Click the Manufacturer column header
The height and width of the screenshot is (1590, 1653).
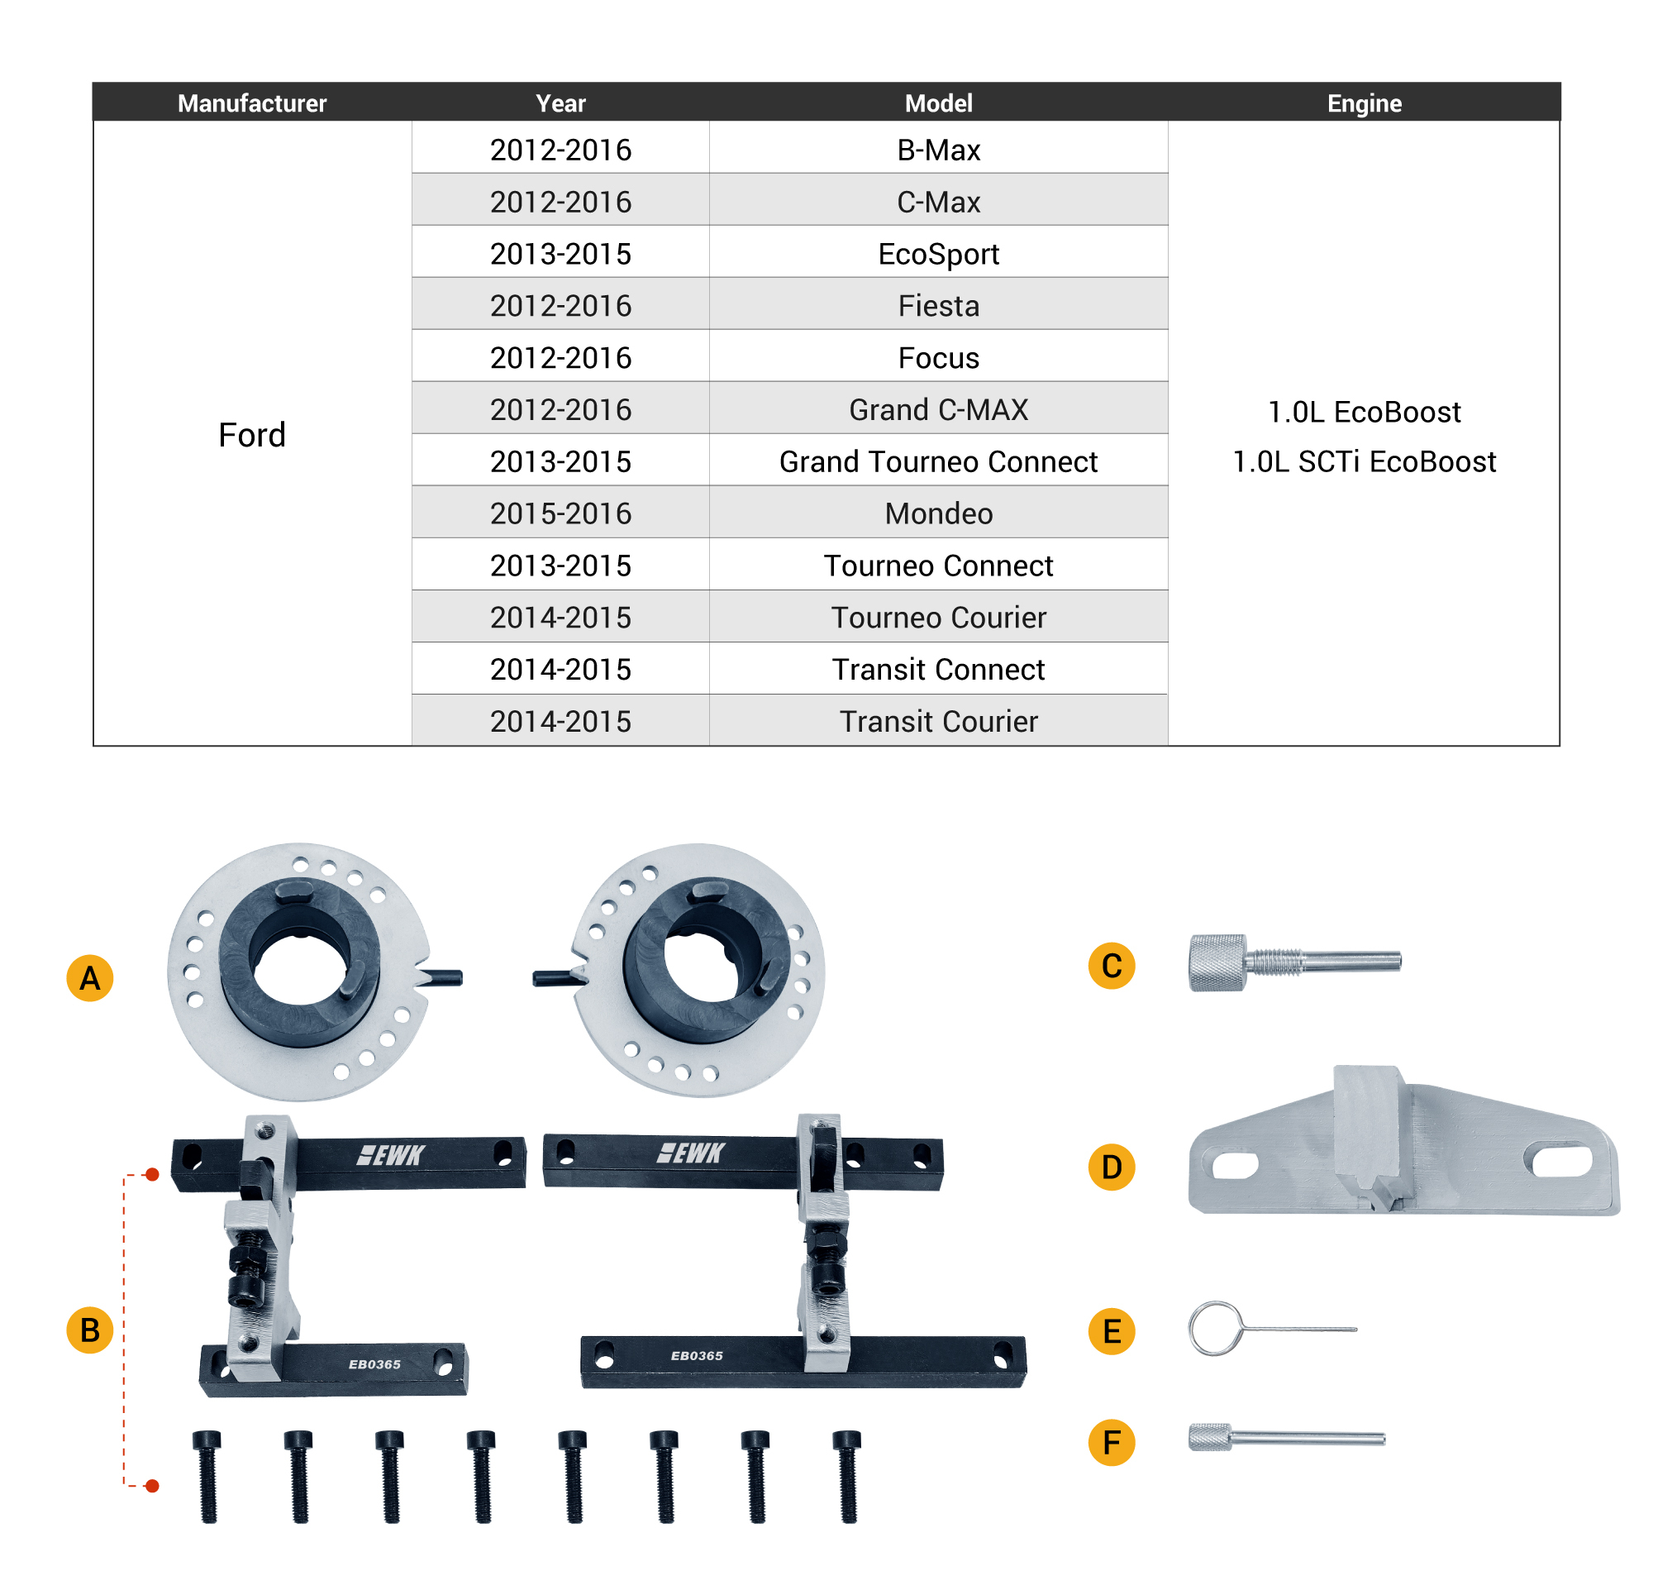point(252,103)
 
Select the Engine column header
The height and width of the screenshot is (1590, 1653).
point(1364,103)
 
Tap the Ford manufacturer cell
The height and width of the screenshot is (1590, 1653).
point(252,434)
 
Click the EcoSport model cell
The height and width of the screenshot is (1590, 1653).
point(938,253)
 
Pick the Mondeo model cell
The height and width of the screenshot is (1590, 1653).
point(938,513)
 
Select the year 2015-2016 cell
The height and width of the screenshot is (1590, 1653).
point(560,513)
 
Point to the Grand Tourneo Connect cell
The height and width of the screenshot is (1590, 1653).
point(938,461)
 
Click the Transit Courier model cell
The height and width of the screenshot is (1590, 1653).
point(938,721)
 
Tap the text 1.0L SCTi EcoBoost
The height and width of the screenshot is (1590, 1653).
point(1364,461)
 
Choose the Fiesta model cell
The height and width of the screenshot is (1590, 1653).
point(938,305)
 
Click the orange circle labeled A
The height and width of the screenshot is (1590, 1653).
point(90,977)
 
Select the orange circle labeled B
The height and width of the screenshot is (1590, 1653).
point(90,1330)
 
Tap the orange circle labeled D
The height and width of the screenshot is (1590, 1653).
point(1112,1167)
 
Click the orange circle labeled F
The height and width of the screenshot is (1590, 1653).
point(1112,1442)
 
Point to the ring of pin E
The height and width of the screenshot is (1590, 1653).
point(1215,1329)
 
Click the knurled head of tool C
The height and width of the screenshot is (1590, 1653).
point(1217,962)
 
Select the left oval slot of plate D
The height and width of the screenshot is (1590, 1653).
point(1235,1166)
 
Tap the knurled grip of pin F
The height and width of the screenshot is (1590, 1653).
point(1210,1437)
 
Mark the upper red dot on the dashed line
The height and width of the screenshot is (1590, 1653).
point(153,1174)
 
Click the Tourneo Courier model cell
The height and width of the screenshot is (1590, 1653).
point(938,617)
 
